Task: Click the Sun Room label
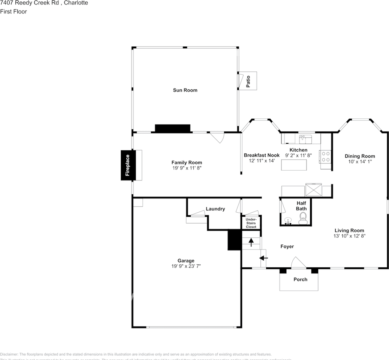(185, 90)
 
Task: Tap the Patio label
(248, 81)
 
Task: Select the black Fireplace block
(127, 165)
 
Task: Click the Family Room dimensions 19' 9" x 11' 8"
(187, 168)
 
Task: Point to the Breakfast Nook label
(262, 155)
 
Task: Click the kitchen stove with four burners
(325, 156)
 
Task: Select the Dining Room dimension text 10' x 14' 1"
(360, 162)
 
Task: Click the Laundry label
(215, 209)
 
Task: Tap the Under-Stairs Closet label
(251, 223)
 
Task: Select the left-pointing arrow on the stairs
(264, 258)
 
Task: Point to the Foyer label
(287, 246)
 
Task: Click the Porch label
(300, 279)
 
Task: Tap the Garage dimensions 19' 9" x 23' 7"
(186, 266)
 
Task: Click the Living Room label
(349, 231)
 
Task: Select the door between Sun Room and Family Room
(217, 137)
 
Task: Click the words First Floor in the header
(13, 11)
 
